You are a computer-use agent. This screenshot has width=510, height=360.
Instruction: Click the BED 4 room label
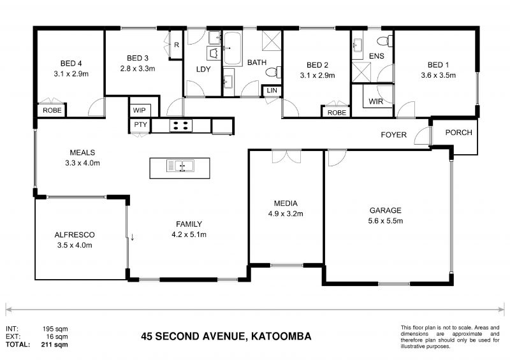(x=71, y=63)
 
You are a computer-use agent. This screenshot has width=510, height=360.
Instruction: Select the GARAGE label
(x=386, y=210)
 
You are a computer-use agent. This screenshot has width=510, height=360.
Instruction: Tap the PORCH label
(x=458, y=133)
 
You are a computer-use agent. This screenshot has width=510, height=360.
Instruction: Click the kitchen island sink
(x=180, y=166)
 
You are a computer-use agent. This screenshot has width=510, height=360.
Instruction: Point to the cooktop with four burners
(x=180, y=126)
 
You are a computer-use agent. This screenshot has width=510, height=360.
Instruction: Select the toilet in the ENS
(x=384, y=41)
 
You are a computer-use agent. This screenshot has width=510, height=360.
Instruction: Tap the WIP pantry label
(x=140, y=109)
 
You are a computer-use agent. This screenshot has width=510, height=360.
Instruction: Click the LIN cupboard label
(x=272, y=91)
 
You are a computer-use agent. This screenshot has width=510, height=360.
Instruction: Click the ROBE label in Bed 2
(x=337, y=112)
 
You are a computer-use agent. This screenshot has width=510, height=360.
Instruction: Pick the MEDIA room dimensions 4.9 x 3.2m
(x=286, y=213)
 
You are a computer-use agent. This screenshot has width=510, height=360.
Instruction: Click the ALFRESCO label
(x=74, y=234)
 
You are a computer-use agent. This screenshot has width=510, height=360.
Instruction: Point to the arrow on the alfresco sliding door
(x=133, y=238)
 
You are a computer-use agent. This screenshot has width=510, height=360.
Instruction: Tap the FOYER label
(x=393, y=135)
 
